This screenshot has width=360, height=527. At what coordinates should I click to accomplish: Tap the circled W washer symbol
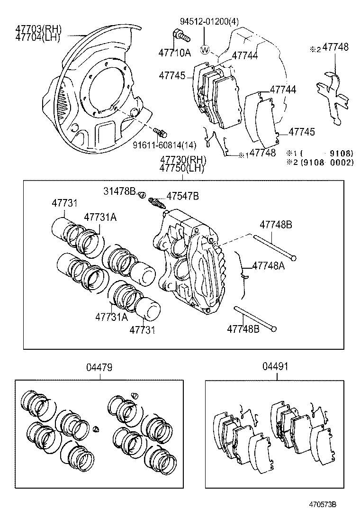pos(205,49)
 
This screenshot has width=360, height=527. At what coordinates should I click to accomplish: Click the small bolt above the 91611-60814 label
pos(159,130)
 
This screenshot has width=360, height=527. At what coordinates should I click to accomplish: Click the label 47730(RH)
pos(182,160)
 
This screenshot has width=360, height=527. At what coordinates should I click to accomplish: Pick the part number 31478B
pos(120,191)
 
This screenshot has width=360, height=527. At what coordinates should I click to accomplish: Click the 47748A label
pos(269,266)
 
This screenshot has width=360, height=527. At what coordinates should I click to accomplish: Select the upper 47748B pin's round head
pos(294,258)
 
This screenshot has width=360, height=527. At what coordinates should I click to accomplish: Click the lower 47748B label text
pos(243,328)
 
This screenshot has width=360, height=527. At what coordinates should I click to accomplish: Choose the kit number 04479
pos(99,367)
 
